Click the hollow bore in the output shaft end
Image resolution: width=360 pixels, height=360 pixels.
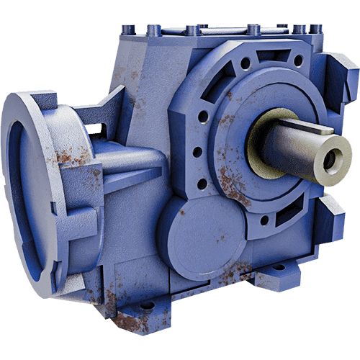click(330, 161)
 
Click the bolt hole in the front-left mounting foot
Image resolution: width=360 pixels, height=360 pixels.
click(147, 305)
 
